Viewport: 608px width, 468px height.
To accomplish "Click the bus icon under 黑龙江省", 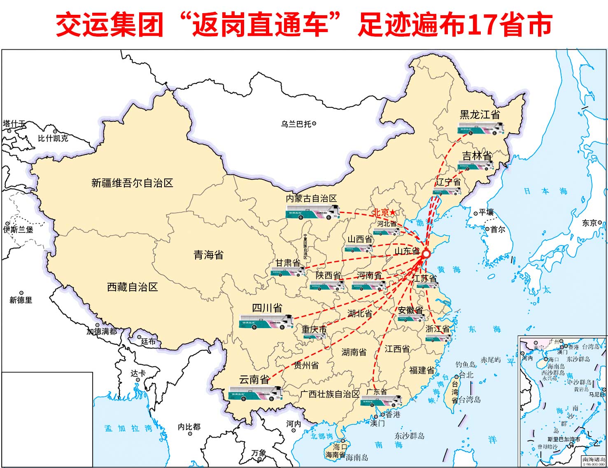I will tap(481, 129).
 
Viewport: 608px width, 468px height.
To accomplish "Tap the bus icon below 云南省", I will tap(256, 394).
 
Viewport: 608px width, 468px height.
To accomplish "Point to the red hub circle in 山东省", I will tap(426, 254).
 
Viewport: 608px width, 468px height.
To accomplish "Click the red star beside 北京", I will tap(392, 212).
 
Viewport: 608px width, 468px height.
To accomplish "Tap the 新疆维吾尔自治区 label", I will tap(132, 183).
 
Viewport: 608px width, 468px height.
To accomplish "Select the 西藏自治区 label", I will tap(132, 287).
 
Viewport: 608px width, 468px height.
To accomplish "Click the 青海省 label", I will tap(208, 255).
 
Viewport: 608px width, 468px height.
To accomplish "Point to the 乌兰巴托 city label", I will tap(296, 124).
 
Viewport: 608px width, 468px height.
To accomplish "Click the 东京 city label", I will tap(589, 223).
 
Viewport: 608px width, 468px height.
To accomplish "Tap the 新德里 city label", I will tap(21, 300).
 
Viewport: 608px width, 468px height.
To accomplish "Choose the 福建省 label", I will tap(422, 370).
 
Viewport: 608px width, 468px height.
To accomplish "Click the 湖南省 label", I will tap(354, 352).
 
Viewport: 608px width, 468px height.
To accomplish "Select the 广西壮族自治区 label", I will tap(330, 394).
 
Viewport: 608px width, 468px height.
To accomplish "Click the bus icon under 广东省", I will tap(381, 401).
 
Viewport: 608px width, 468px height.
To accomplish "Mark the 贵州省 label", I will tap(306, 365).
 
